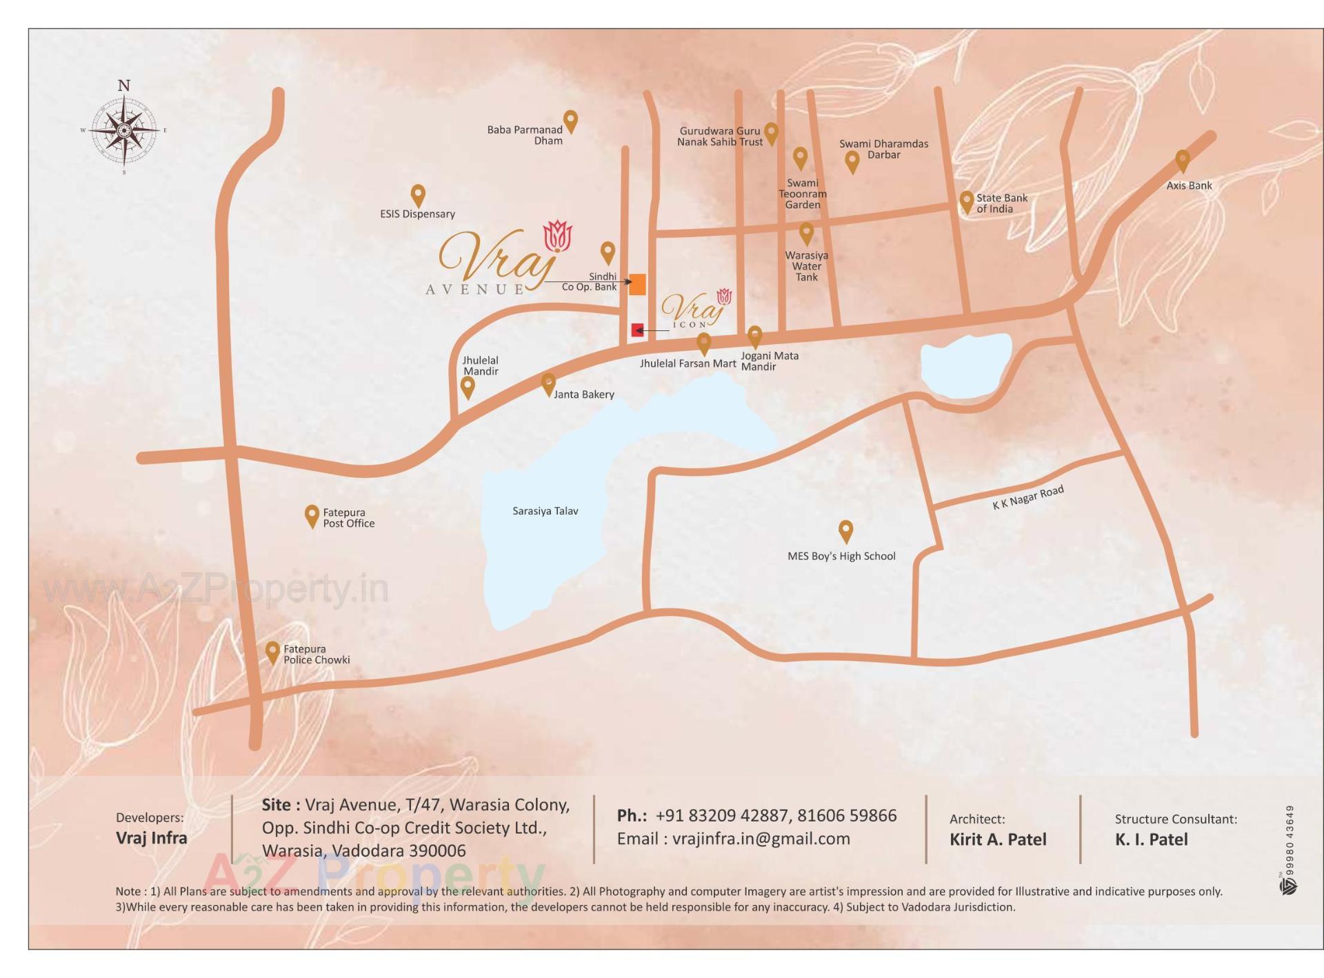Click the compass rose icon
coord(124,129)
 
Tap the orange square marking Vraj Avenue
coord(637,284)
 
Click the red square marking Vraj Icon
coord(637,330)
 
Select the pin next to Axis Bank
coord(1183,161)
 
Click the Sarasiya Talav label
coord(545,511)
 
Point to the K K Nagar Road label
coord(1027,497)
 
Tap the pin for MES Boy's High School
coord(845,531)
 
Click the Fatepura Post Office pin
coord(312,515)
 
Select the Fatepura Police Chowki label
coord(317,655)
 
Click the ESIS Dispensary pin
coord(417,194)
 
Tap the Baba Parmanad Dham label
coord(525,135)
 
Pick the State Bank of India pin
coord(966,201)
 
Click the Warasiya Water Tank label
coord(806,266)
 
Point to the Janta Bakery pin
coord(548,383)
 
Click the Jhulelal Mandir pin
coord(468,387)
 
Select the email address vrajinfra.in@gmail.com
coord(761,839)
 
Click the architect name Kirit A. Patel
coord(997,839)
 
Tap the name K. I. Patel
coord(1151,839)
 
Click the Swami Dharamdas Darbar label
coord(883,149)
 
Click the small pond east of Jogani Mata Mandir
coord(965,366)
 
